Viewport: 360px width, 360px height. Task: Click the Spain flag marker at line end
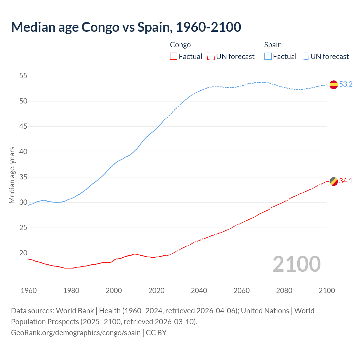334,85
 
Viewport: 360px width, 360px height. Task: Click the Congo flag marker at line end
334,181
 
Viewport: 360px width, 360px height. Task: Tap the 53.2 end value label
346,84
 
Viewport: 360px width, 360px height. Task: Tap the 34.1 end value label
346,181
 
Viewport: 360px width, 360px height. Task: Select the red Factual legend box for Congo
174,57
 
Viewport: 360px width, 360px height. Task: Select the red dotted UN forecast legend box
211,57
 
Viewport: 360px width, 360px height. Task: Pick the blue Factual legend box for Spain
268,57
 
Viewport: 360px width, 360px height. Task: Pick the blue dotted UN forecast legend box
305,57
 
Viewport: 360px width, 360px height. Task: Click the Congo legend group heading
180,45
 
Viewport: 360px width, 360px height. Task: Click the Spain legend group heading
273,45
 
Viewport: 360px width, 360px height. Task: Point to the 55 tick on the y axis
23,76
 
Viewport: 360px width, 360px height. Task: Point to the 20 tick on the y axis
23,253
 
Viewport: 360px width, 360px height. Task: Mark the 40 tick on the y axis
23,152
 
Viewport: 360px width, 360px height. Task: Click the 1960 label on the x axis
29,291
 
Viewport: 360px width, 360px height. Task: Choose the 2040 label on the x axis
199,291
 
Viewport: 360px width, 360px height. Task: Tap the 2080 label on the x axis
284,291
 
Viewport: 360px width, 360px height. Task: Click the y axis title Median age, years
12,175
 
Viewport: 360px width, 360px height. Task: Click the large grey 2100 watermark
296,264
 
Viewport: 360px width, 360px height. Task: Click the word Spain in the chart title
153,27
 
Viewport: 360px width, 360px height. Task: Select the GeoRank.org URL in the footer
76,333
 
